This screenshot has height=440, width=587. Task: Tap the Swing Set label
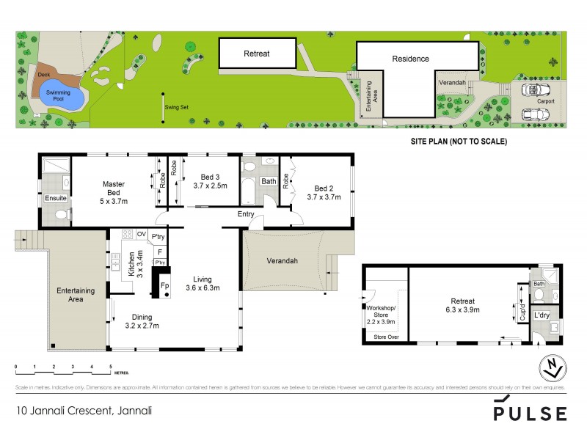point(177,107)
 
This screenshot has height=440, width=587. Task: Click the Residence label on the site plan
point(410,59)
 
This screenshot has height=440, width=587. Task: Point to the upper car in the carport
point(536,89)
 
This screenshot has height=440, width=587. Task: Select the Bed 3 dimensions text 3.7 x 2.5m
point(211,186)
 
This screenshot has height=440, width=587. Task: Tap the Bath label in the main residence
point(269,180)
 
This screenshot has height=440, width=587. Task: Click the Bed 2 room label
point(324,187)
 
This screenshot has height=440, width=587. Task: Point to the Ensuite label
point(56,197)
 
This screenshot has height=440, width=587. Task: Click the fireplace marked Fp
point(164,285)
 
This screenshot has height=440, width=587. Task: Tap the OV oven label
point(142,235)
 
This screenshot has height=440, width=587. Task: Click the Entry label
point(245,215)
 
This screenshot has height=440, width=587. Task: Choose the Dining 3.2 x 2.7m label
point(142,321)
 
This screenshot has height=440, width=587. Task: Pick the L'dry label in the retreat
point(542,315)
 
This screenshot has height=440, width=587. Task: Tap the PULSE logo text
point(529,413)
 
